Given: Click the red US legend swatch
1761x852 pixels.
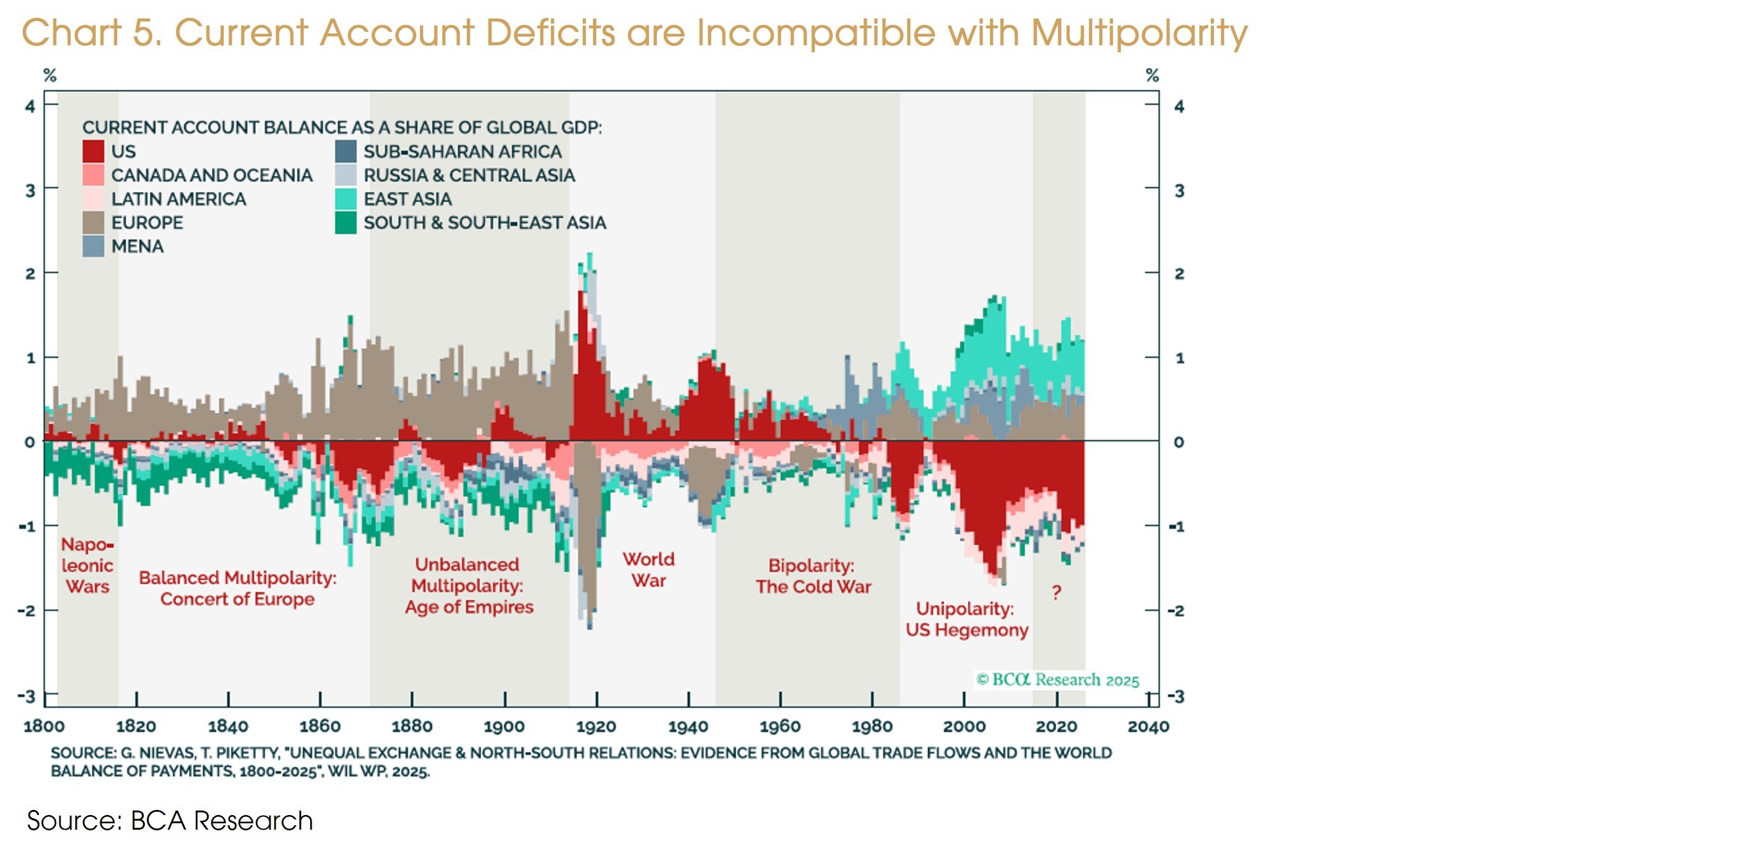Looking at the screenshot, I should point(93,151).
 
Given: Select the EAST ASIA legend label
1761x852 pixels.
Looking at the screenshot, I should point(407,199).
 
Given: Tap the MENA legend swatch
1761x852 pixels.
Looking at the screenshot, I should point(93,246).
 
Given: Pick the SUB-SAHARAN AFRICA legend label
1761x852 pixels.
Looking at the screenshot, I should point(462,151).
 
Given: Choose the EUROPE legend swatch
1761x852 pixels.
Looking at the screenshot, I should point(93,223).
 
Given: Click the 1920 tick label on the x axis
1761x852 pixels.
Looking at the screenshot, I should point(596,726).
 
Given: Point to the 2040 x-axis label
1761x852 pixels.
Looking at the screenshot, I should point(1148,726).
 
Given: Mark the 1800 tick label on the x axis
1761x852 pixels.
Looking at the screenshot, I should point(44,726).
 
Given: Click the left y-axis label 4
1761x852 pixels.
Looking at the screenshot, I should point(30,106).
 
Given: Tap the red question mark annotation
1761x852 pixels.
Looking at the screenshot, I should point(1056,592).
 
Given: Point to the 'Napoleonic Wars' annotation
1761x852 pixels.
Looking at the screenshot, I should point(87,565).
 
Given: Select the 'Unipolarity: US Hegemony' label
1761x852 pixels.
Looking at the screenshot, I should point(966,619).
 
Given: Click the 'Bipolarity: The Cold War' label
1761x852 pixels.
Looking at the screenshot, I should point(813,576).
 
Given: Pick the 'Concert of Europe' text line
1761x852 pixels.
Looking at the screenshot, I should point(237,599).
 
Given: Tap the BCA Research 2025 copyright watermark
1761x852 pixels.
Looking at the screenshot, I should point(1058,680).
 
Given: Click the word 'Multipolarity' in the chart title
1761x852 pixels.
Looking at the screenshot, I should point(1139,33).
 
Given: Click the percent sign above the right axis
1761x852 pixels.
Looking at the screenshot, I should point(1152,75).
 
